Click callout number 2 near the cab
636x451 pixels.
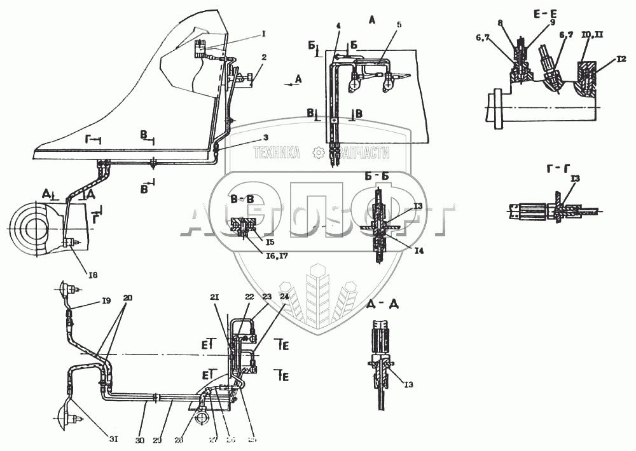click(263, 57)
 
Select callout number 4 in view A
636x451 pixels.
click(338, 26)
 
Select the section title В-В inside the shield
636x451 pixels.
click(242, 199)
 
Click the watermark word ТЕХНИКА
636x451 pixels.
click(277, 152)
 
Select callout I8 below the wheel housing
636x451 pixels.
click(93, 274)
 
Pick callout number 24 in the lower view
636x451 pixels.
click(284, 297)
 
